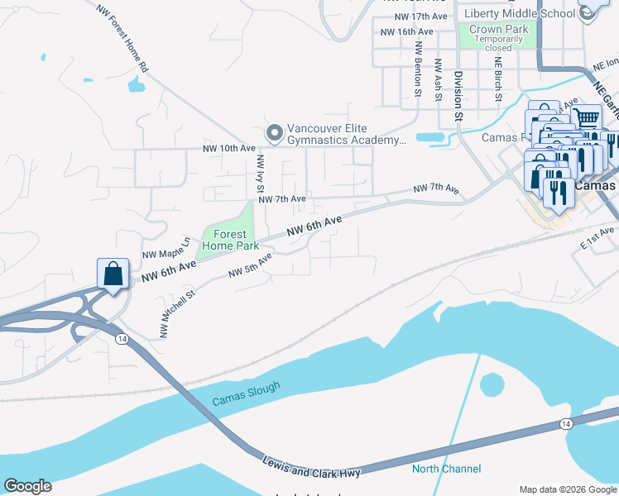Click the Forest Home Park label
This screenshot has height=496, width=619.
224,240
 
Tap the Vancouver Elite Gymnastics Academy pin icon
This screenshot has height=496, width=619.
274,133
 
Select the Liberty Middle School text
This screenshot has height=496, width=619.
519,13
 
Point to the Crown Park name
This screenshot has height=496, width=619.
493,29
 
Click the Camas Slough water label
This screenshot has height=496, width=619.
246,393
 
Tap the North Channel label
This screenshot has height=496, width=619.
446,469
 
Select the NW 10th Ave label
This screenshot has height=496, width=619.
229,149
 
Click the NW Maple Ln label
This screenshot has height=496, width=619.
166,249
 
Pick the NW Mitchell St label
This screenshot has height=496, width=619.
177,313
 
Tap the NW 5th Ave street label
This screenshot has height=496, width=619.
250,265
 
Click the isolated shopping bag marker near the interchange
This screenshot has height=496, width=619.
113,274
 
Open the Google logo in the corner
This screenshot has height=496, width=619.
27,486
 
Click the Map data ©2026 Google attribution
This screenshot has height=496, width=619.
567,489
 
